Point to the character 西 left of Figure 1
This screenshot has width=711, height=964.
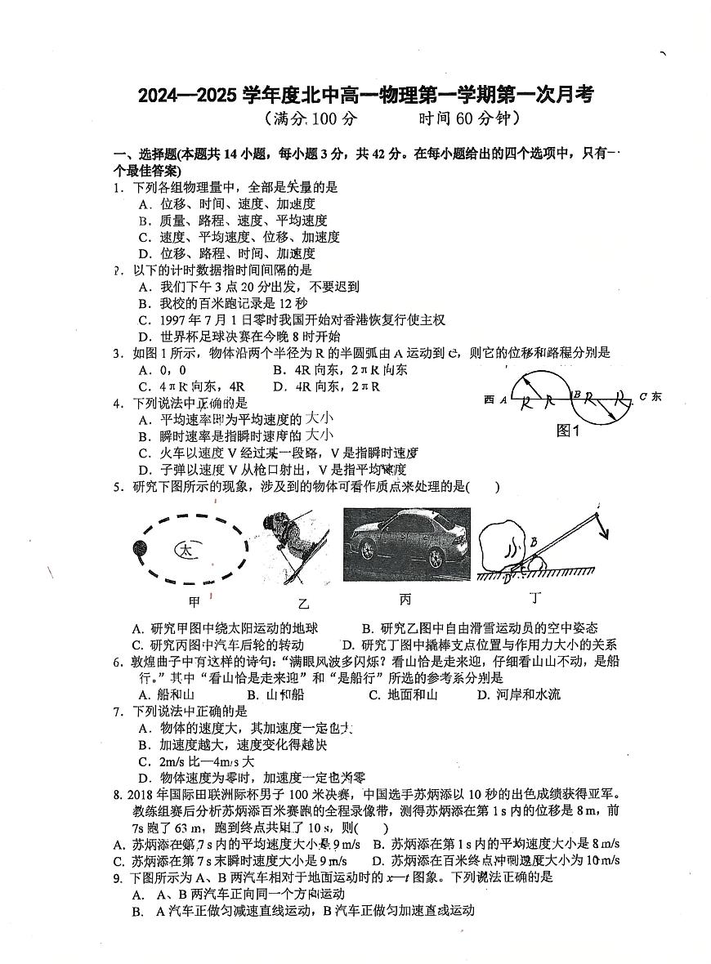[489, 399]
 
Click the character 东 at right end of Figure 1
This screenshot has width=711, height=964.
[656, 396]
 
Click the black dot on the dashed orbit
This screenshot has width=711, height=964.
[138, 550]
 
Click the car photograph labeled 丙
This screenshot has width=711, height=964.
[405, 542]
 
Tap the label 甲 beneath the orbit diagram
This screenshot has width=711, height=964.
[195, 602]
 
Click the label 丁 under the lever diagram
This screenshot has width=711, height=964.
[535, 598]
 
